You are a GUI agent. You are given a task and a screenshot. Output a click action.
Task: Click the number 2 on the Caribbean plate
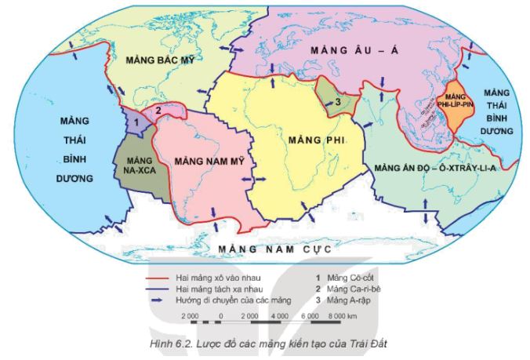coord(158,110)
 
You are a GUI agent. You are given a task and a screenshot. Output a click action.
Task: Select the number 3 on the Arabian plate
coord(336,100)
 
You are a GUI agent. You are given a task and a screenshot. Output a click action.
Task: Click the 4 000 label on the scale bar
coord(278,315)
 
